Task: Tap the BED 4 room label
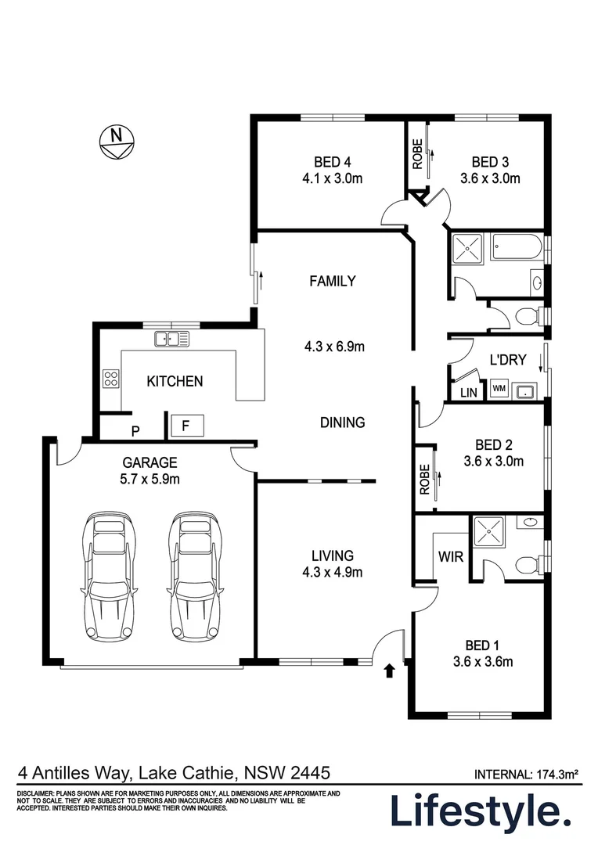tap(332, 162)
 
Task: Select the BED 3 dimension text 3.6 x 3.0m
tap(490, 178)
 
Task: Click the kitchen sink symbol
tap(171, 339)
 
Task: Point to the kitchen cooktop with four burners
tap(110, 379)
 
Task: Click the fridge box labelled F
tap(187, 426)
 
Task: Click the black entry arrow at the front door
tap(389, 670)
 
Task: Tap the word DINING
tap(342, 422)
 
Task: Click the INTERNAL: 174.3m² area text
tap(526, 775)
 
